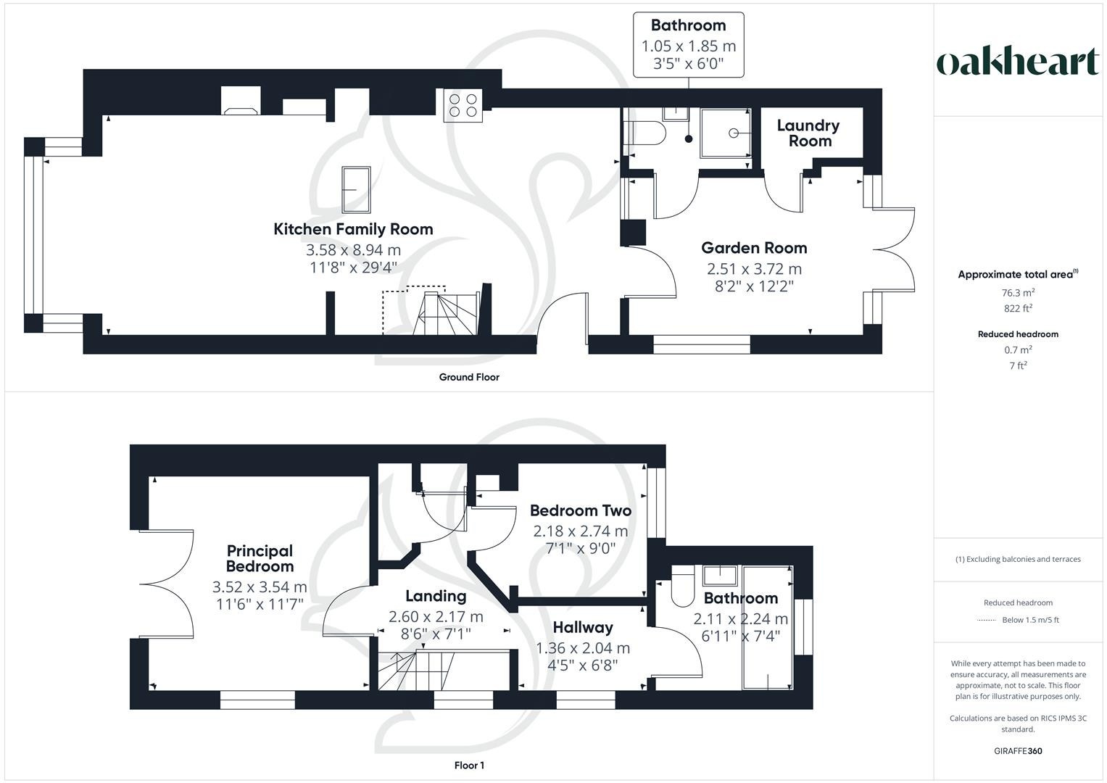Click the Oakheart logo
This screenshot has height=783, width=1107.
(x=1018, y=62)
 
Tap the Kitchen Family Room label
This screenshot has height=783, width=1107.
(x=353, y=229)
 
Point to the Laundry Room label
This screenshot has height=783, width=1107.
(x=808, y=133)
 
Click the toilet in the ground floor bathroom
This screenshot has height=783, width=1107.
(x=647, y=133)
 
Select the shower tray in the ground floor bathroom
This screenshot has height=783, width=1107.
(x=726, y=133)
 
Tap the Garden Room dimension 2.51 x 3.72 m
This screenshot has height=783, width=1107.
(x=754, y=269)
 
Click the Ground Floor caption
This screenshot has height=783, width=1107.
(x=469, y=377)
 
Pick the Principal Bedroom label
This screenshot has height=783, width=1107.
(x=260, y=558)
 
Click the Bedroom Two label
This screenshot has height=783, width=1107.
(x=580, y=510)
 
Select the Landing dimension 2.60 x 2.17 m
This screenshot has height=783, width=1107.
(x=435, y=617)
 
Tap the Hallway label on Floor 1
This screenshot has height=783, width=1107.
(x=582, y=627)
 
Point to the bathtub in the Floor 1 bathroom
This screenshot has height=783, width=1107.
(x=768, y=628)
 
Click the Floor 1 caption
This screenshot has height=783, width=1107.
(x=469, y=766)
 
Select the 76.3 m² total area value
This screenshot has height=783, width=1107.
(x=1018, y=293)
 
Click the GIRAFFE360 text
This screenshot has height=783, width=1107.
(x=1018, y=751)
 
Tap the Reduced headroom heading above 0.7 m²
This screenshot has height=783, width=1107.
(x=1018, y=334)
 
